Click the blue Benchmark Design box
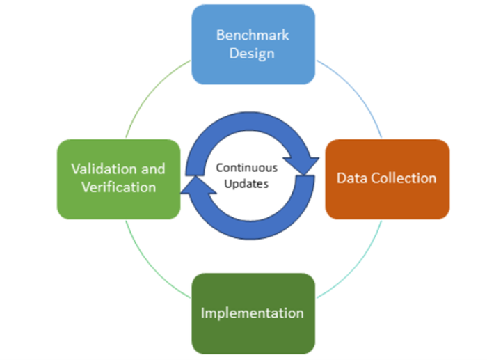253,44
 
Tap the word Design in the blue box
253,53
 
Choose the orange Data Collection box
387,179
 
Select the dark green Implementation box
253,313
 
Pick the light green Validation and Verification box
118,179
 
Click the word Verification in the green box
118,187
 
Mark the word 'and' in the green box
154,169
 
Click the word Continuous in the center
246,168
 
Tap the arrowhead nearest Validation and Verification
192,185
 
